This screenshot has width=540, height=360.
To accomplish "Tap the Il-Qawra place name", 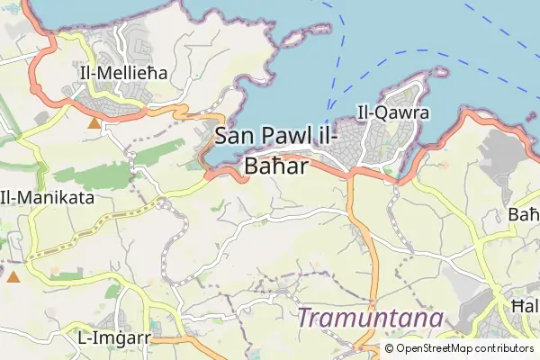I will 393,113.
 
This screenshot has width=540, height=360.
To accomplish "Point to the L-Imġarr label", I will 113,338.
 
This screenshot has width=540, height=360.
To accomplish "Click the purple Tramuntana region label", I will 371,319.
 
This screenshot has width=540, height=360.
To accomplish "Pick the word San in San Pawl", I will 233,138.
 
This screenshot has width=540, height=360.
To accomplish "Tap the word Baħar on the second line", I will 276,166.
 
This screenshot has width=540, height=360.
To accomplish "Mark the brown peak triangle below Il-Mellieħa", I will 94,121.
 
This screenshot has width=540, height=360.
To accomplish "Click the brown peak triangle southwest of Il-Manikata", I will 13,276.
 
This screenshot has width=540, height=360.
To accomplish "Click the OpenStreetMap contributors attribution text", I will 458,347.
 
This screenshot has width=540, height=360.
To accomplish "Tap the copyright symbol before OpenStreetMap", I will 390,347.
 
